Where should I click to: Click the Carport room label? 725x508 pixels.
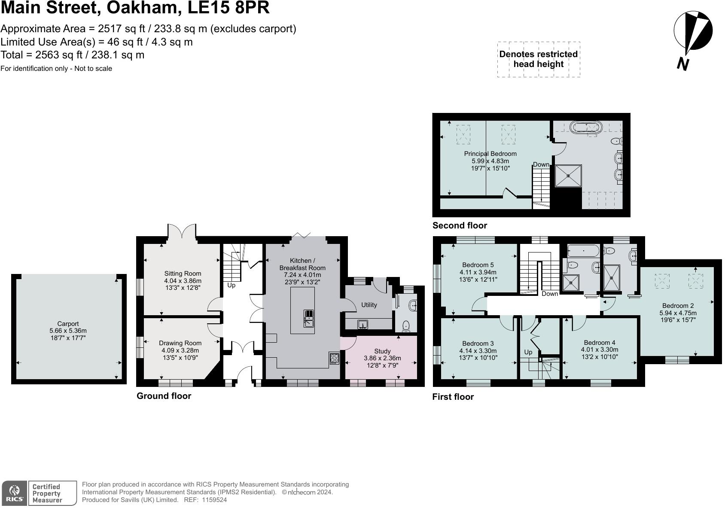pos(68,324)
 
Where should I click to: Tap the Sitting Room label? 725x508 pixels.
pos(183,274)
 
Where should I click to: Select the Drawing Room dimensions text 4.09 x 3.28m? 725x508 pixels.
pos(180,350)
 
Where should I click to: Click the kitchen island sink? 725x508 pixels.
pos(308,318)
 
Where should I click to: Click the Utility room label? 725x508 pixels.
pos(369,305)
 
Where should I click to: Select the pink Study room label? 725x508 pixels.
pos(382,351)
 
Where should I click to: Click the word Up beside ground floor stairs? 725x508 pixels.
pos(231,285)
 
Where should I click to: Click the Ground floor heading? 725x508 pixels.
pos(164,396)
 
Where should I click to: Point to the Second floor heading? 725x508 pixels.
pos(460,225)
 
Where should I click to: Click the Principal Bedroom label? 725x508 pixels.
pos(490,154)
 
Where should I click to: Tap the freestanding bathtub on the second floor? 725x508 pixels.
pos(586,127)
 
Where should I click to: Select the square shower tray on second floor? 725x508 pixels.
pos(568,176)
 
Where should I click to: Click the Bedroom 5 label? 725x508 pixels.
pos(478,265)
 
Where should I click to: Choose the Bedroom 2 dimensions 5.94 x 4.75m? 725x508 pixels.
pos(678,313)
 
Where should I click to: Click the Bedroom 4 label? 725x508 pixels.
pos(599,343)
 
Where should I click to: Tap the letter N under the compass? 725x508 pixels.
pos(683,64)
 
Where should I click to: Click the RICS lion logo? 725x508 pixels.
pos(15,493)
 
